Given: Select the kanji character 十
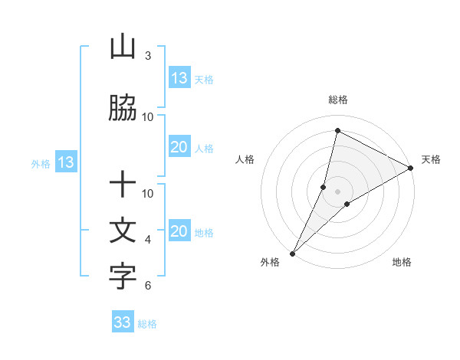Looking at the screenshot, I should click(123, 185).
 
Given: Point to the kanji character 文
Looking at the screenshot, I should click(123, 231).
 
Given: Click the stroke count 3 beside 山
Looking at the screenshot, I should click(148, 56).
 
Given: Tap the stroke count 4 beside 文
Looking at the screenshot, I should click(148, 240).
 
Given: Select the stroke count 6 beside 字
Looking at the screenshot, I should click(148, 286).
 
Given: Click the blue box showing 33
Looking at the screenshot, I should click(123, 322).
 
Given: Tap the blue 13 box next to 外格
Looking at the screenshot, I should click(65, 162).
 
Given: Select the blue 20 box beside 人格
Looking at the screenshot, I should click(179, 148).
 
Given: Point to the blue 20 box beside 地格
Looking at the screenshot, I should click(179, 232).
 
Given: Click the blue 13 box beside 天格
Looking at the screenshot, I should click(179, 78).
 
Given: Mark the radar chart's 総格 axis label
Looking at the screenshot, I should click(338, 100).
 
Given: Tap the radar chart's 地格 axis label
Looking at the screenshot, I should click(402, 263).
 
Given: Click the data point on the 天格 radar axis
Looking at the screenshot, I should click(411, 169).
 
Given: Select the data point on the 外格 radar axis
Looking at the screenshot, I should click(292, 254).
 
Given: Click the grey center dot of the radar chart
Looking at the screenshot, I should click(337, 191).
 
